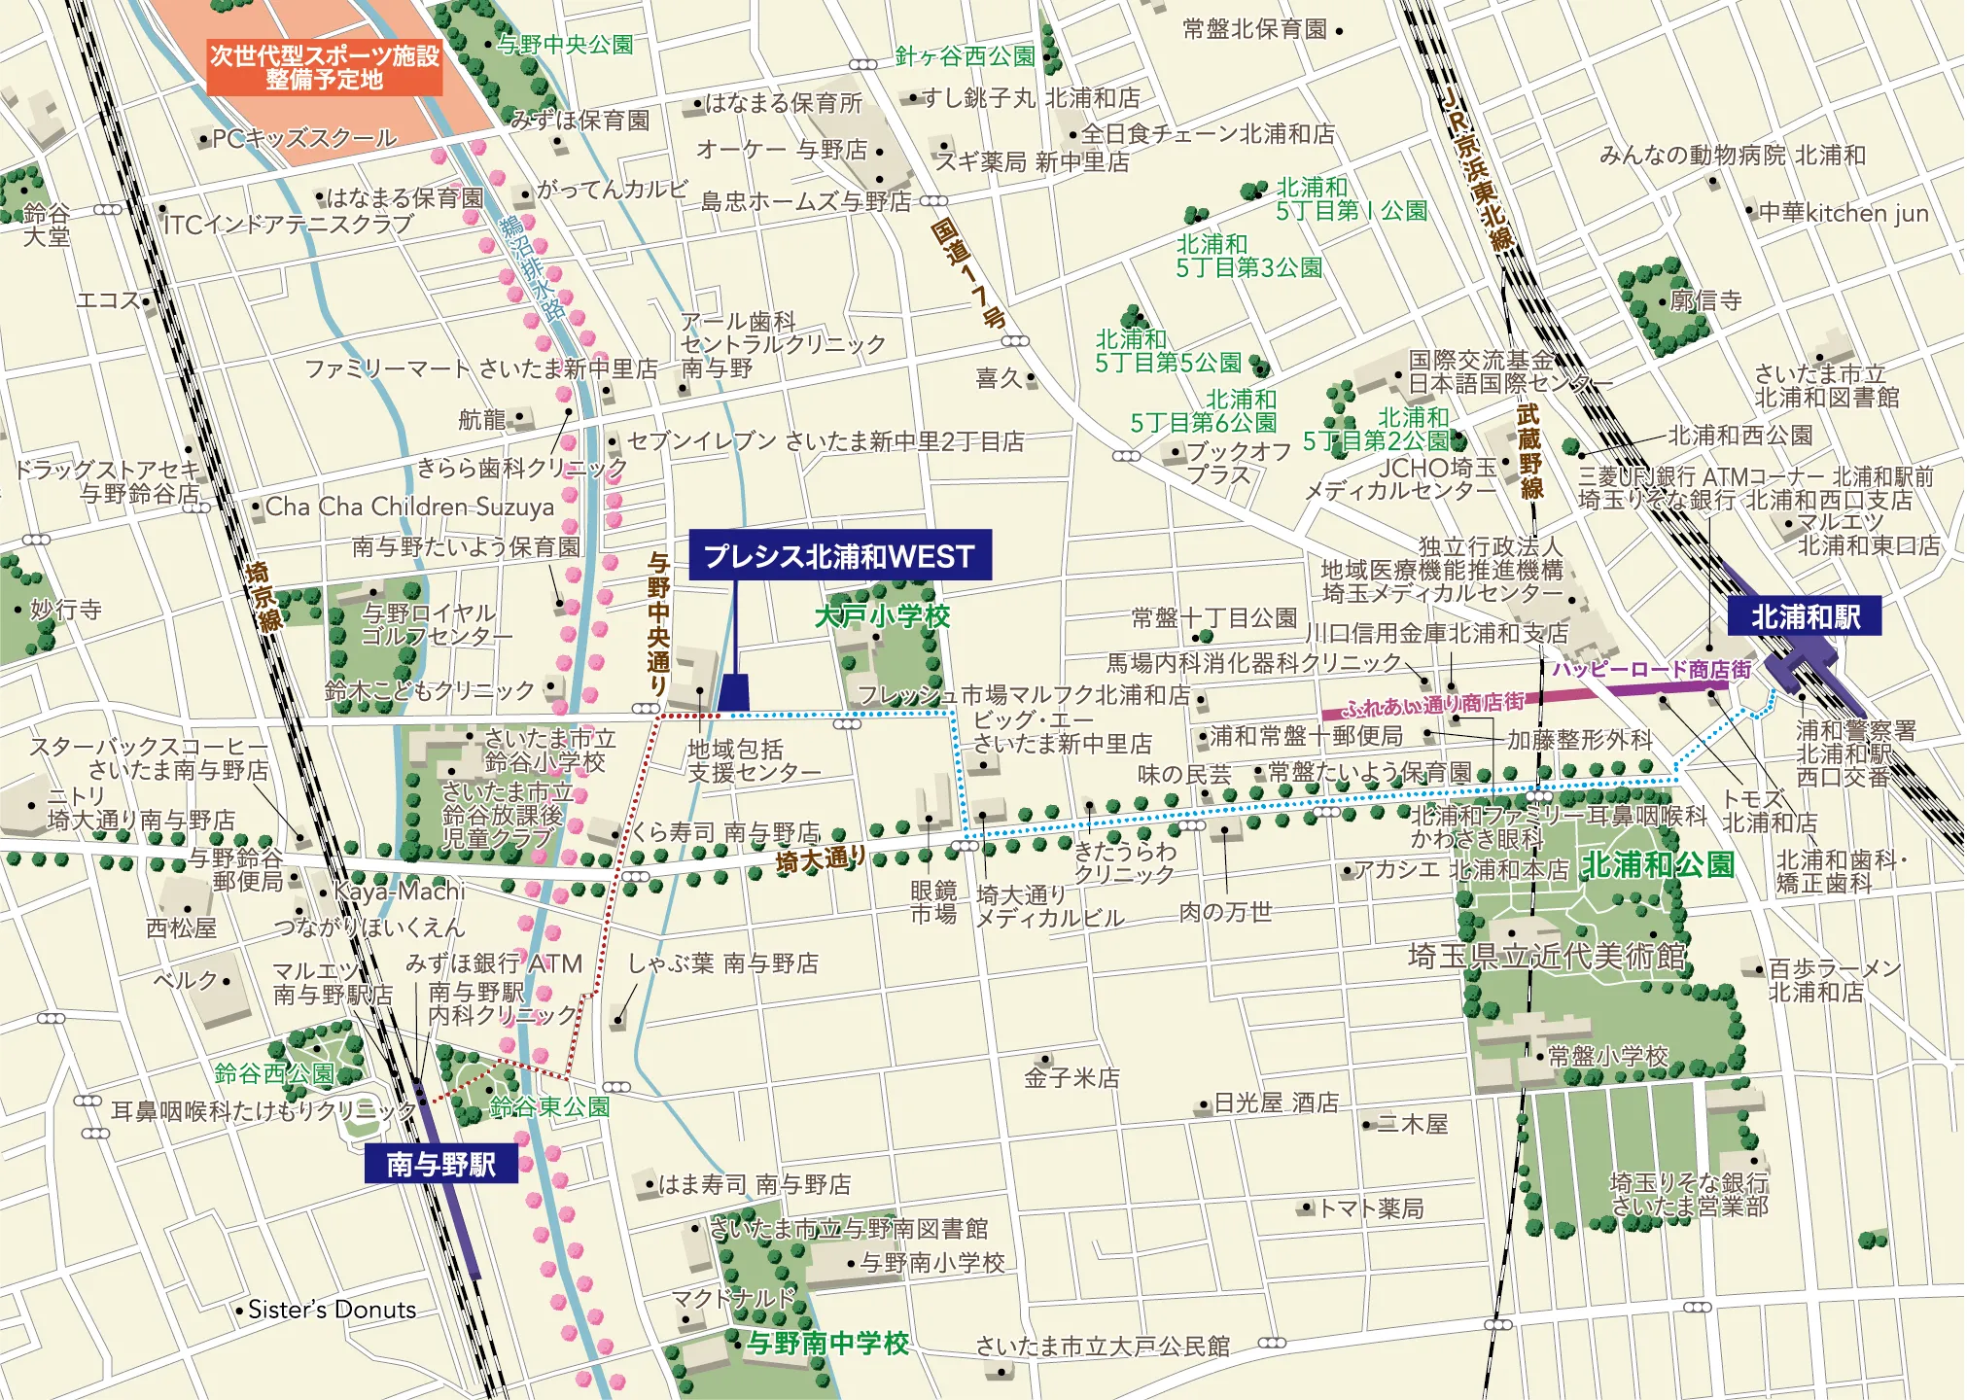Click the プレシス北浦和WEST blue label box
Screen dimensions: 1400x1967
point(840,555)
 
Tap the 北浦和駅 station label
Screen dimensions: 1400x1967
point(1805,616)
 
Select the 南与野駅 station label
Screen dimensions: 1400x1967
point(440,1164)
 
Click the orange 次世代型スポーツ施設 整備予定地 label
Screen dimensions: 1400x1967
point(325,67)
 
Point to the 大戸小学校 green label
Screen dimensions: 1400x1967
point(882,615)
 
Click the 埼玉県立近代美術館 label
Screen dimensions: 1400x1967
point(1548,956)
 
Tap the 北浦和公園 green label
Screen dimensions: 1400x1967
point(1658,864)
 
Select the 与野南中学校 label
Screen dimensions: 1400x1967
point(827,1343)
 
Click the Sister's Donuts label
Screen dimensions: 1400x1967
point(332,1310)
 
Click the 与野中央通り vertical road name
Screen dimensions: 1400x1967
point(659,623)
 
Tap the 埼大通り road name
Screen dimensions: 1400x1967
point(821,859)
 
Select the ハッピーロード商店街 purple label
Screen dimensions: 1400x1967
point(1651,669)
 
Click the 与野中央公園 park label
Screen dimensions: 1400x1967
point(565,45)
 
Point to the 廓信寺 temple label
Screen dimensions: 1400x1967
point(1705,300)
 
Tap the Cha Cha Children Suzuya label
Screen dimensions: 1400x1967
point(409,507)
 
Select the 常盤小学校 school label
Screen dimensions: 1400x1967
point(1607,1056)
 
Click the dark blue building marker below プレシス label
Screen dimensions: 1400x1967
point(734,692)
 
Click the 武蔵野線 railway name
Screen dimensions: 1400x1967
point(1529,451)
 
